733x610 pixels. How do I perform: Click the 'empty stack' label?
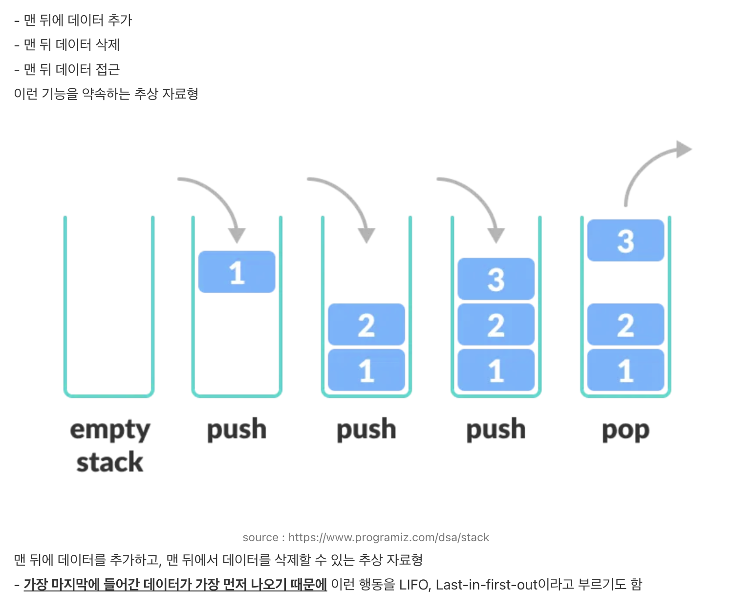110,445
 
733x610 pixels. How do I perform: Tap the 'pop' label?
625,430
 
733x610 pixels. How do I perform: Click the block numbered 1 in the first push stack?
237,272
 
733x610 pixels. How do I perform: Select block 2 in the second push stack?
366,325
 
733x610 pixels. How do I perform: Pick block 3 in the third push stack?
496,279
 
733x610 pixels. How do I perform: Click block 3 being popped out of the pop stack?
625,241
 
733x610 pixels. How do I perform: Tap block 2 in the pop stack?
625,325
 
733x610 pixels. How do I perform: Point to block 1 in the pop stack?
625,370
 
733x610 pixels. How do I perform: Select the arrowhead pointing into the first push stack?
237,235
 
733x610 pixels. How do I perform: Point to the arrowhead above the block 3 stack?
496,235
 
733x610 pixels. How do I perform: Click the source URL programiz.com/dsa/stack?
388,537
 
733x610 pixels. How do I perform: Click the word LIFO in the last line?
413,585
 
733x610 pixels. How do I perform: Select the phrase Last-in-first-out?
486,585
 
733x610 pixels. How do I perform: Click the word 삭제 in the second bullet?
108,45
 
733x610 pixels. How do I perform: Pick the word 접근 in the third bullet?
108,70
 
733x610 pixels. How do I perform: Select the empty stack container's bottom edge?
109,395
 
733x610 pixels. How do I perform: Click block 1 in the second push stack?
366,370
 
